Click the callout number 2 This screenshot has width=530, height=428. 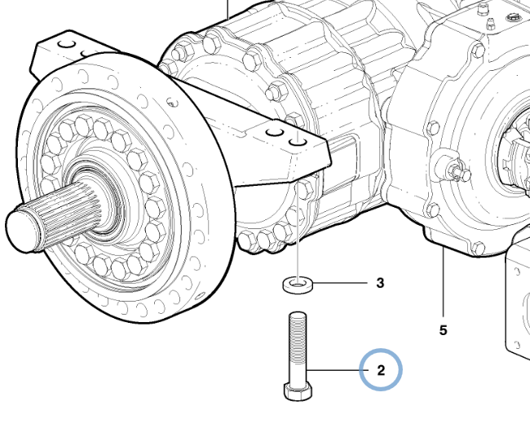click(381, 371)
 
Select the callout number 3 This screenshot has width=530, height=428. click(380, 283)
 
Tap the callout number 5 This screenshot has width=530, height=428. click(443, 330)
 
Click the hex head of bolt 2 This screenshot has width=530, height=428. click(298, 392)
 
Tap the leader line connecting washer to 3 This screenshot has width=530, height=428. click(340, 282)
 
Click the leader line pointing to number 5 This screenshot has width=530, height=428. click(443, 281)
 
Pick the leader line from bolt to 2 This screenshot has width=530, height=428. click(333, 371)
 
